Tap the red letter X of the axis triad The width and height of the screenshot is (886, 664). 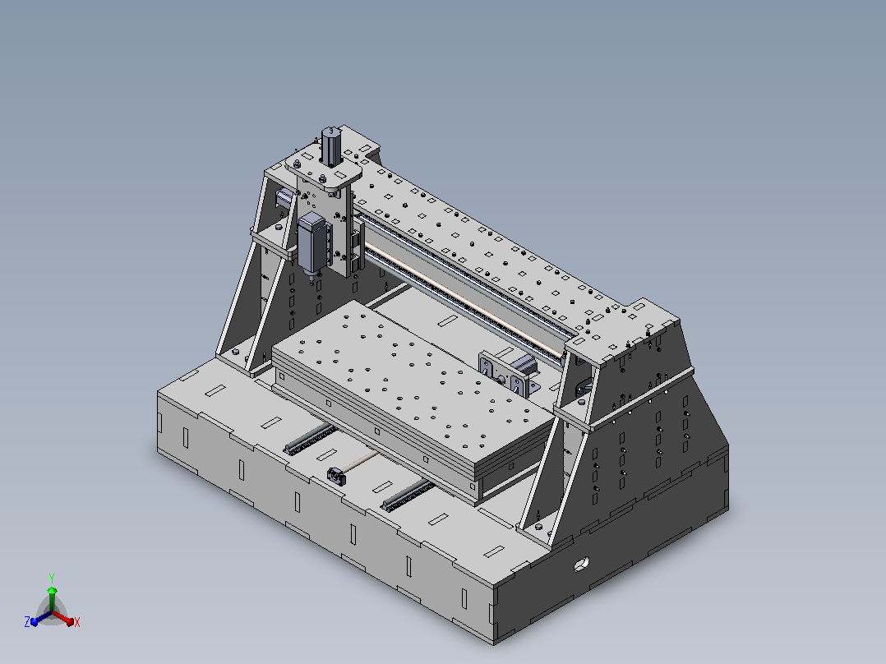(x=77, y=622)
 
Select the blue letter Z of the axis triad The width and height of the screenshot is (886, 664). (x=27, y=622)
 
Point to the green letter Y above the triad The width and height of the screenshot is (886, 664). (x=52, y=578)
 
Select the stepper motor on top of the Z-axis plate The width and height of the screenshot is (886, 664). (x=332, y=145)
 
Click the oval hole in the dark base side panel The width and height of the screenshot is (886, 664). (x=581, y=564)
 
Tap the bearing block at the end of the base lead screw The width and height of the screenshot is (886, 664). (x=337, y=477)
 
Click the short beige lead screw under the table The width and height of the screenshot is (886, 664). (x=362, y=461)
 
